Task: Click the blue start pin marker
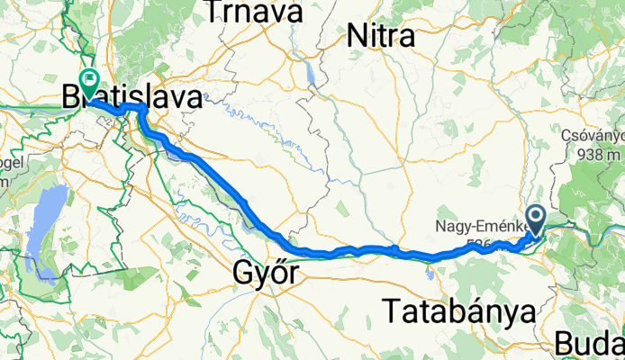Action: [x=536, y=219]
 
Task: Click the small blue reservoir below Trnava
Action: [x=311, y=70]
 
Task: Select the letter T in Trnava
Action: [x=214, y=12]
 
